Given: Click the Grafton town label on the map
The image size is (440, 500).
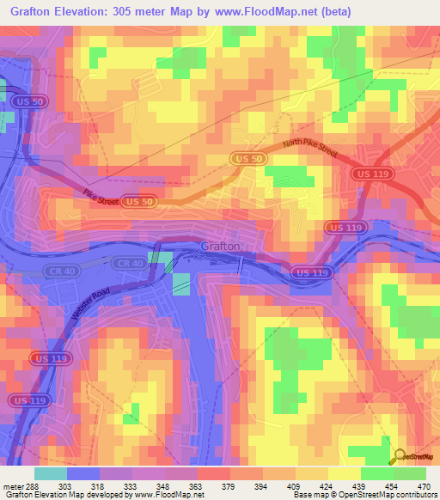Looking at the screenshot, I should [219, 246].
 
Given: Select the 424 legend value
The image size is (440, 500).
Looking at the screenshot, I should [318, 485].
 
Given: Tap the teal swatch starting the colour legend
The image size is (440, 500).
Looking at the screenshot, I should [50, 473].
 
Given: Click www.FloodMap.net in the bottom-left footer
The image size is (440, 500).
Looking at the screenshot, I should [163, 495].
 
